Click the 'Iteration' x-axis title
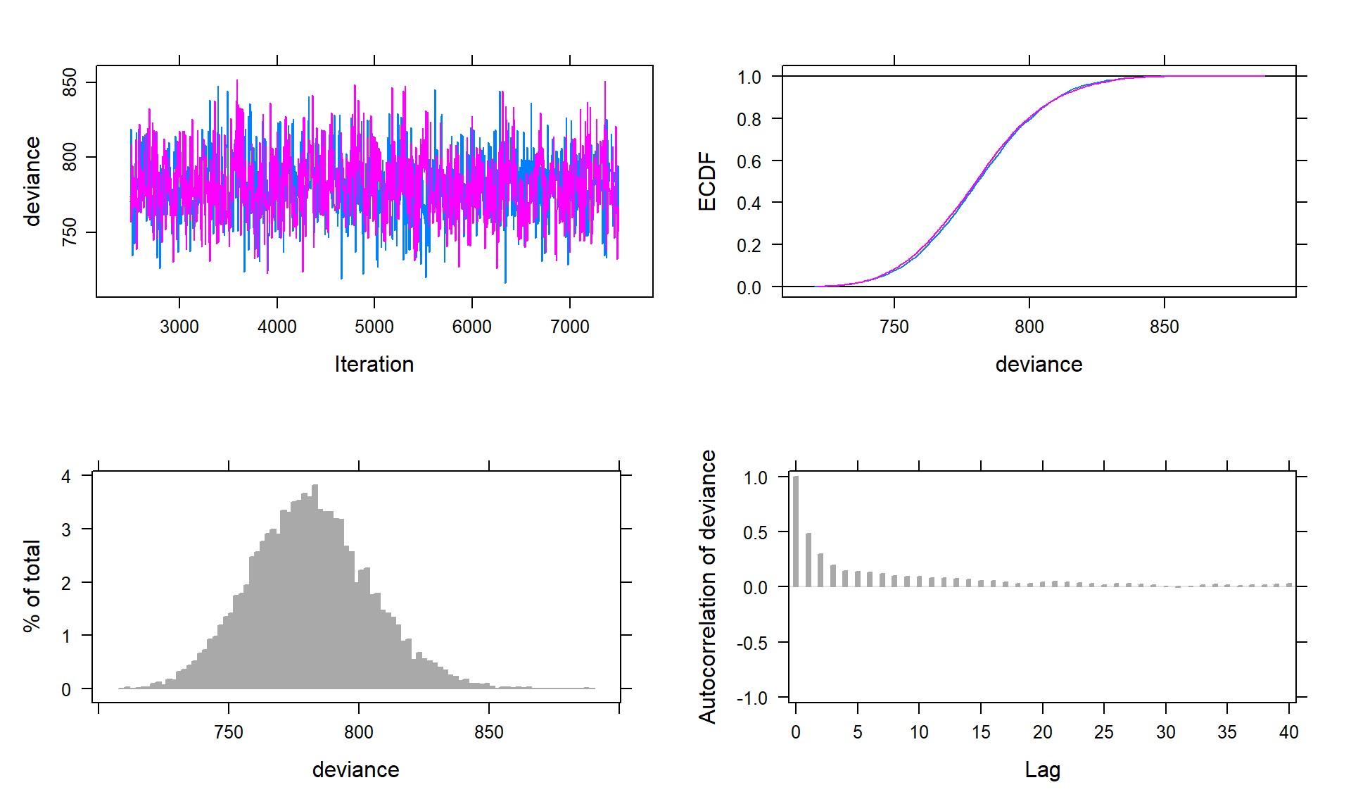tap(374, 364)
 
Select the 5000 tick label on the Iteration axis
tap(374, 327)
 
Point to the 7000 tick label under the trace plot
tap(569, 327)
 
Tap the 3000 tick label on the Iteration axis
tap(179, 327)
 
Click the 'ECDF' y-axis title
tap(706, 182)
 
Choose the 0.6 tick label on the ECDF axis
tap(749, 162)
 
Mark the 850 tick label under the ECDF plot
tap(1164, 327)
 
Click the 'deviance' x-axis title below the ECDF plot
tap(1039, 364)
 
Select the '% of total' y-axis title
tap(32, 586)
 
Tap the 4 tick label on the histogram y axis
tap(66, 477)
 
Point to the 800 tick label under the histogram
tap(358, 732)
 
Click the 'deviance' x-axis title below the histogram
tap(355, 769)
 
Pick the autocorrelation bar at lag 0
tap(796, 532)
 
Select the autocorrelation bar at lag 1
tap(808, 560)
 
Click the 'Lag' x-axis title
tap(1042, 769)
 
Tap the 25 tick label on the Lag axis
tap(1103, 732)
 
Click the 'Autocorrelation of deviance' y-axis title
tap(707, 586)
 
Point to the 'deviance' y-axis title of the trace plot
tap(32, 182)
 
